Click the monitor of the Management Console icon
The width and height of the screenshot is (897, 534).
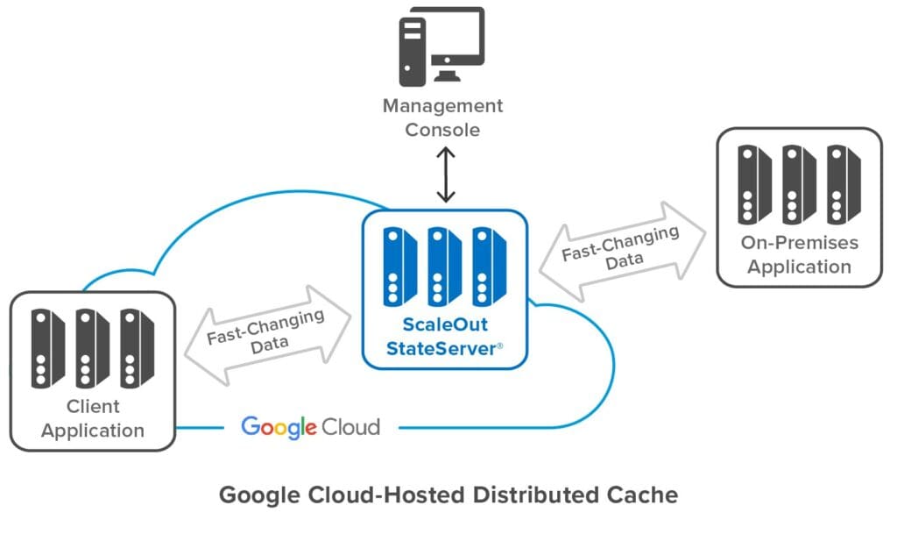tap(456, 39)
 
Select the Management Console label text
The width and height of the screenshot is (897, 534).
tap(443, 117)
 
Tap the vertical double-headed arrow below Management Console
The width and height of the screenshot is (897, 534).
tap(446, 175)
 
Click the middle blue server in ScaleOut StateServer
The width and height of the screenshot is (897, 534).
tap(446, 266)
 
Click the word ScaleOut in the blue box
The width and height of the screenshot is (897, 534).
tap(445, 325)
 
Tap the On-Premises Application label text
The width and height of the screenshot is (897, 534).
tap(799, 254)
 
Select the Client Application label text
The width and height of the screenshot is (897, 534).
tap(93, 418)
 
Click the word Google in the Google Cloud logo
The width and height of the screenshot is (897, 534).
tap(279, 427)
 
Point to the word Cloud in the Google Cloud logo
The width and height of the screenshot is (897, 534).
tap(350, 427)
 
